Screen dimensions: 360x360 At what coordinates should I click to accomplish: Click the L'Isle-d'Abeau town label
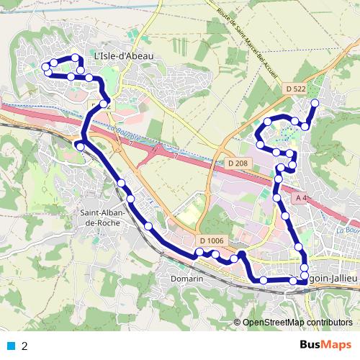pyautogui.click(x=124, y=54)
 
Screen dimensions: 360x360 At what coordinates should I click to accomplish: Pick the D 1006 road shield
pyautogui.click(x=212, y=240)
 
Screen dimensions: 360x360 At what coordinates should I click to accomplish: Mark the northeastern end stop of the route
pyautogui.click(x=314, y=103)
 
